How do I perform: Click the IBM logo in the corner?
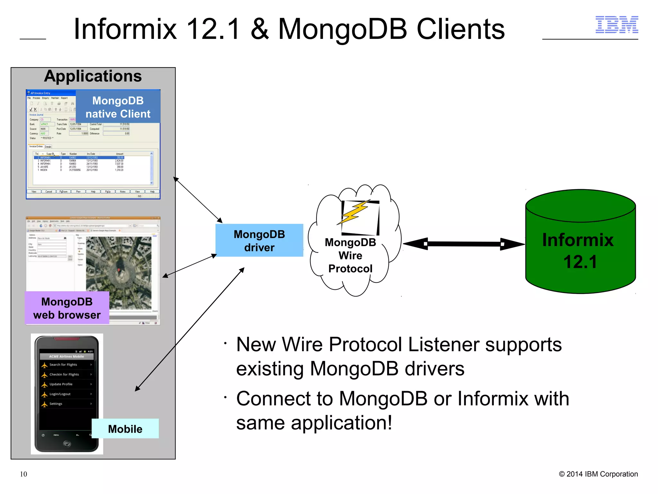tap(617, 25)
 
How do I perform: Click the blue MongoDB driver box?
tap(259, 241)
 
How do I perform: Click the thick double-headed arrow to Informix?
tap(464, 244)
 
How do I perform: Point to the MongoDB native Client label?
tap(118, 107)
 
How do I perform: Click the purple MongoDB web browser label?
tap(67, 308)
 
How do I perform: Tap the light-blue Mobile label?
tap(125, 429)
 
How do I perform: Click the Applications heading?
tap(93, 76)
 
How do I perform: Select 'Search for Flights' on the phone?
tap(63, 365)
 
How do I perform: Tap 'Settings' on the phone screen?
tap(56, 404)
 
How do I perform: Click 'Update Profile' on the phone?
tap(61, 384)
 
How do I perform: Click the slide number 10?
tap(23, 474)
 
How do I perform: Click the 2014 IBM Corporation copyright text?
tap(598, 474)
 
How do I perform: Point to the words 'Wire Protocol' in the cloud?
tap(350, 262)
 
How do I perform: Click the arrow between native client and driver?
tap(198, 200)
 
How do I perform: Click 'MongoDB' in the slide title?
tap(342, 29)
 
